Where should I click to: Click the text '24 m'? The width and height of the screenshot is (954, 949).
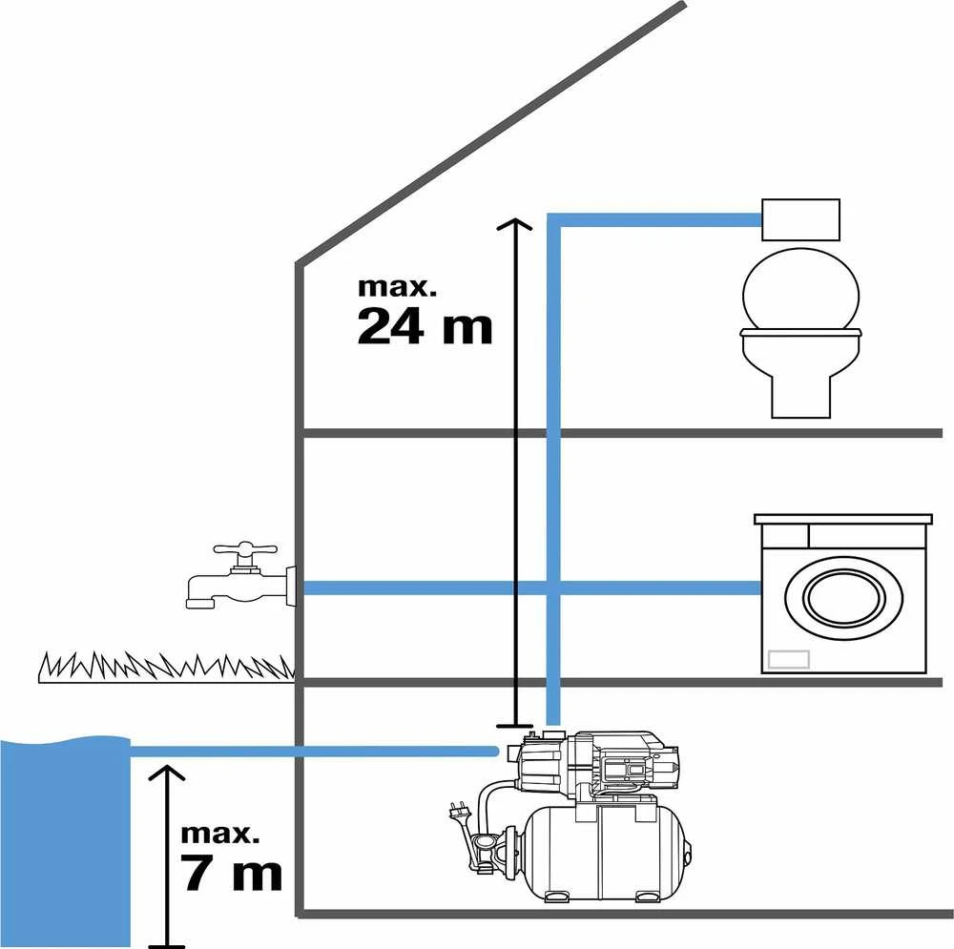[425, 327]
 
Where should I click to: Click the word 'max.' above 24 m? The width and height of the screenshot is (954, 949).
[397, 286]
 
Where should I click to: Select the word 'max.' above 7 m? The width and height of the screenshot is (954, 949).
[219, 834]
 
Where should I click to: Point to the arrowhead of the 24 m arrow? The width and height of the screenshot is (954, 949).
[515, 224]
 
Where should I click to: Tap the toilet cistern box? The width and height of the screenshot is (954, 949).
[800, 219]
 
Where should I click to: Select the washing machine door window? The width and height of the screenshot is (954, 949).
[844, 597]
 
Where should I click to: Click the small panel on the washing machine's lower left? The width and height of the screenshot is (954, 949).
[789, 659]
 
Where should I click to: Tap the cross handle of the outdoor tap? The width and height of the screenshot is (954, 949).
[245, 548]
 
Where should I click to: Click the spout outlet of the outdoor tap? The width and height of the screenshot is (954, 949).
[201, 603]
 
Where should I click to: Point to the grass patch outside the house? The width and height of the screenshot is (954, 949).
[166, 667]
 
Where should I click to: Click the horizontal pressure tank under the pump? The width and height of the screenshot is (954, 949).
[607, 853]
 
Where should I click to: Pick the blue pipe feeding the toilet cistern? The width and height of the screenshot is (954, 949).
[654, 219]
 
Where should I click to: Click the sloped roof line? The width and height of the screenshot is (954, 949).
[490, 134]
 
